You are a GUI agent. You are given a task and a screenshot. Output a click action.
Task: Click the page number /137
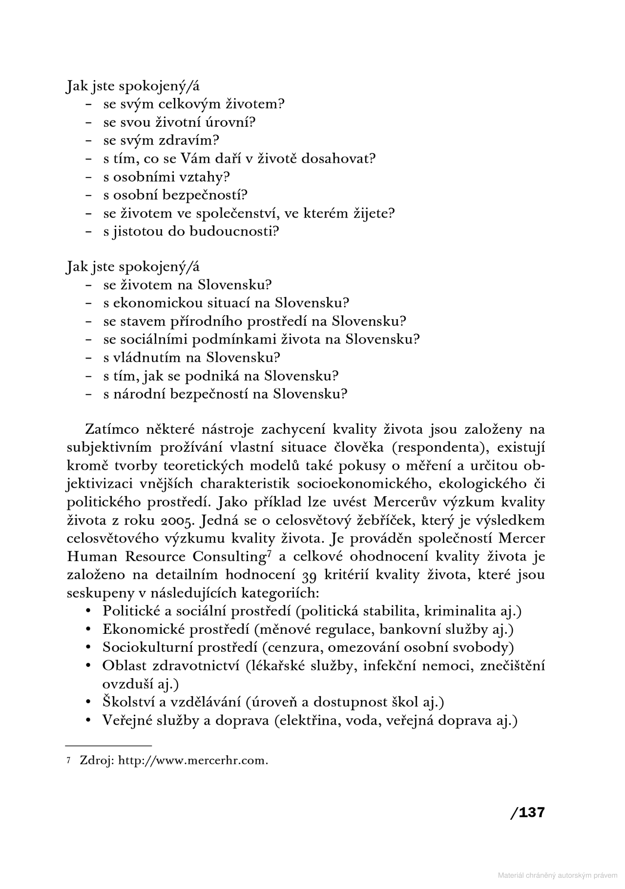(527, 813)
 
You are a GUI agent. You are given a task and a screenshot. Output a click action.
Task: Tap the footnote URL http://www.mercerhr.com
(193, 761)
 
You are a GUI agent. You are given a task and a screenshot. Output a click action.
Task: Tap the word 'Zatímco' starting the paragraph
(112, 429)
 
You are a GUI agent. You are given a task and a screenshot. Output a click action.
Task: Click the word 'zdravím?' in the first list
(188, 141)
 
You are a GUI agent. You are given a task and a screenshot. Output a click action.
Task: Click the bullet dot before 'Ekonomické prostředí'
(89, 630)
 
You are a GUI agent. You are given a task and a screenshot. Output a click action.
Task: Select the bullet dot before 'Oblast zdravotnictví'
(89, 666)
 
